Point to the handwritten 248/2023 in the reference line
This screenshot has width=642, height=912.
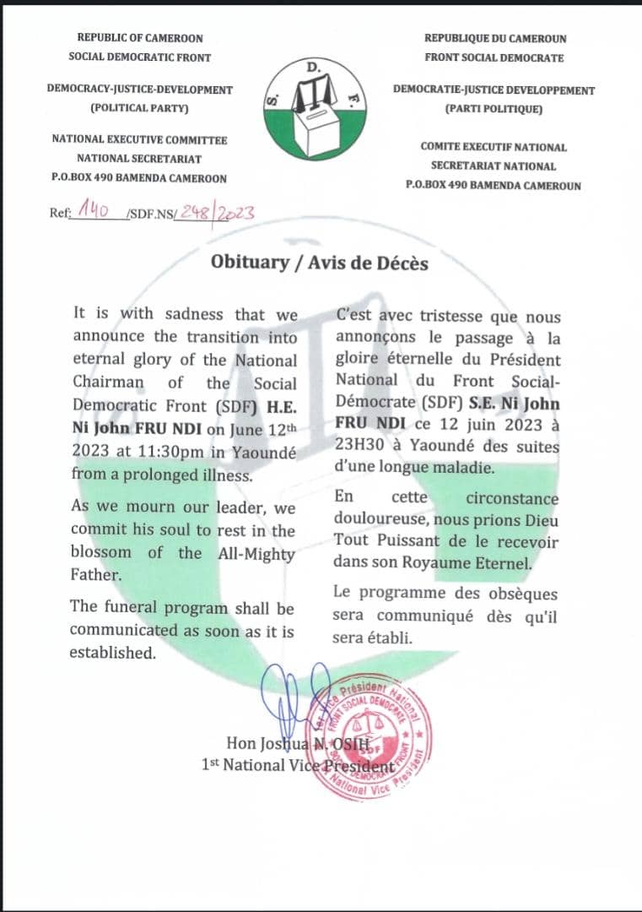[215, 214]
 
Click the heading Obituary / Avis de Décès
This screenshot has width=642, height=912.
[320, 263]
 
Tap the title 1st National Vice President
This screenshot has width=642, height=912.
[298, 765]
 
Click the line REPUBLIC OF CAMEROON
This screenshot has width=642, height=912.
[140, 37]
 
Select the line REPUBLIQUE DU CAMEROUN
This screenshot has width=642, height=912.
[495, 38]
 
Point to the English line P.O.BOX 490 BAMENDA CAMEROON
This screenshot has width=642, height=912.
[139, 178]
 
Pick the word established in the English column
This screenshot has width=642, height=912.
[113, 652]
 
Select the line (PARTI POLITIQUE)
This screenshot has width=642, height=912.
[494, 109]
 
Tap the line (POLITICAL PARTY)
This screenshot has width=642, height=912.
[139, 108]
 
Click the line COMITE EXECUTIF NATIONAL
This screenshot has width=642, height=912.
[494, 146]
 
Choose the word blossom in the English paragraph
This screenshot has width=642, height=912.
[100, 553]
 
